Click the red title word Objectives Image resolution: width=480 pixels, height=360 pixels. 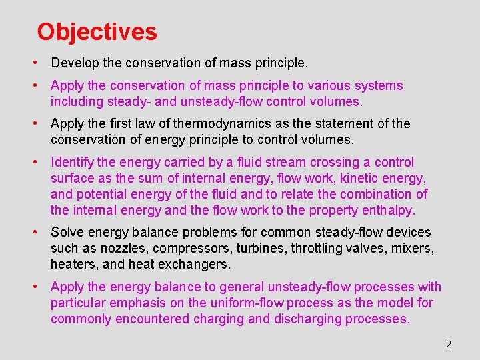[x=97, y=32]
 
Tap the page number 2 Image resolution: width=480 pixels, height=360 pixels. [x=449, y=344]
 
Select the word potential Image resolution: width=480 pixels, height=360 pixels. [x=101, y=195]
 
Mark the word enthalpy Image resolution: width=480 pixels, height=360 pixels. [x=387, y=211]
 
